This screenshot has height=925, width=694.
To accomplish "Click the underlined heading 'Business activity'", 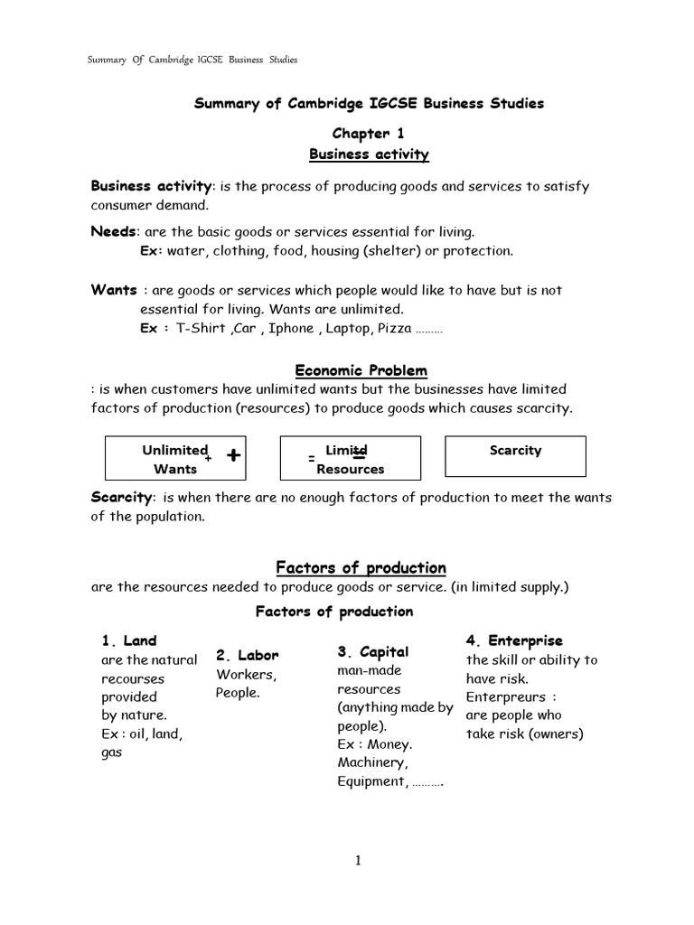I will click(369, 154).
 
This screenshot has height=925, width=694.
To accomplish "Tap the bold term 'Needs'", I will click(113, 231).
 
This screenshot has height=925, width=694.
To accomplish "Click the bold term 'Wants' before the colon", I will click(113, 290).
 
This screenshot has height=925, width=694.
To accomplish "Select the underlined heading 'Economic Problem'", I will click(361, 371).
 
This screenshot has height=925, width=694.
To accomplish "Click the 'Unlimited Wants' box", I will click(174, 458).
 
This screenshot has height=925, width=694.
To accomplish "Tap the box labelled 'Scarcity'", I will click(515, 456).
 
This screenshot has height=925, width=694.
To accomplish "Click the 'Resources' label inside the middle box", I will click(350, 470).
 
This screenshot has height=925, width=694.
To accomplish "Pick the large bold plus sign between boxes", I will click(234, 456).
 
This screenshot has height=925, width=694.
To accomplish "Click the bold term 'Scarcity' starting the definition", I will click(122, 498).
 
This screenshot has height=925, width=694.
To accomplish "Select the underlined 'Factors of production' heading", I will click(361, 567).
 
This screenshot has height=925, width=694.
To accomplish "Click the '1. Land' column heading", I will click(128, 640).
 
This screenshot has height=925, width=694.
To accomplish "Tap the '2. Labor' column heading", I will click(247, 655).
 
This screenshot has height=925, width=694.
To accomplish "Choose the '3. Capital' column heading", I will click(372, 651).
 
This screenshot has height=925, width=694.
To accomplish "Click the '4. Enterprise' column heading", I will click(513, 640).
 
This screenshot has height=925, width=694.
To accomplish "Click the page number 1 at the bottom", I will click(358, 861).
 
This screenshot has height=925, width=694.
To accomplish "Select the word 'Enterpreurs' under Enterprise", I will click(506, 696).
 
